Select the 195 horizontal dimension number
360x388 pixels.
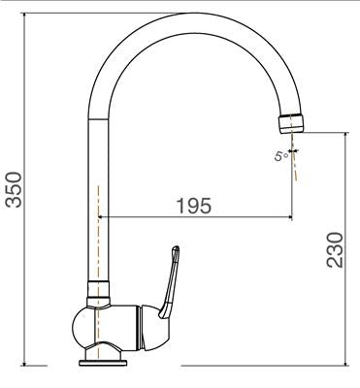coord(195,206)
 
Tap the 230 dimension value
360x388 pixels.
coord(333,251)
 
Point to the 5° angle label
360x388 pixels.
coord(280,155)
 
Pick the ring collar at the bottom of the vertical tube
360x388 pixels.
coord(99,288)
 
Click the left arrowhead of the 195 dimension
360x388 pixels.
coord(105,218)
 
